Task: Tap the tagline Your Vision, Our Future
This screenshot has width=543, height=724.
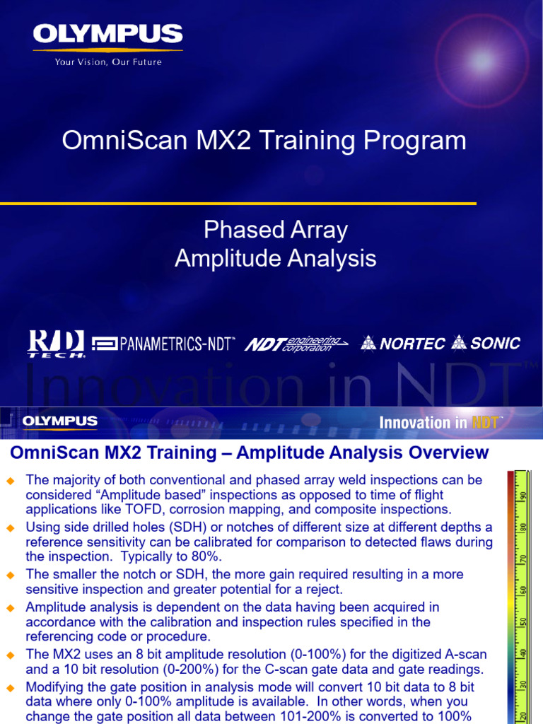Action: (108, 62)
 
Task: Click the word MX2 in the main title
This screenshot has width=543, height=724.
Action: (223, 140)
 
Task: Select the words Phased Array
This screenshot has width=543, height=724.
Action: (276, 230)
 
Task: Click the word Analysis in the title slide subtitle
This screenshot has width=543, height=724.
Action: (332, 258)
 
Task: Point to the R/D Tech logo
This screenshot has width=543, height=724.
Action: (56, 344)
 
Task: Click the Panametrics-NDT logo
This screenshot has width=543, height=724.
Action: (163, 344)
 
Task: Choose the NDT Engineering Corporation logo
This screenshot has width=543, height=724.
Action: (296, 344)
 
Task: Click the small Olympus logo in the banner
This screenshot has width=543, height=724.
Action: (60, 421)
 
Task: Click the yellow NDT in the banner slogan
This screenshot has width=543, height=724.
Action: (485, 422)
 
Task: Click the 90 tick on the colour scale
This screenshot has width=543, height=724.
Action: (522, 496)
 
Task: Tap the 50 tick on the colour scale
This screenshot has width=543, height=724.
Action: (522, 621)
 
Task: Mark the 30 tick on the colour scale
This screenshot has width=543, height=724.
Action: (522, 684)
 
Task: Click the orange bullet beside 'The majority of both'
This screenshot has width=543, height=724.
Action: (11, 481)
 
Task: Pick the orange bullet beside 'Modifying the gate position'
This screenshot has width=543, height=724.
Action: (11, 688)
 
